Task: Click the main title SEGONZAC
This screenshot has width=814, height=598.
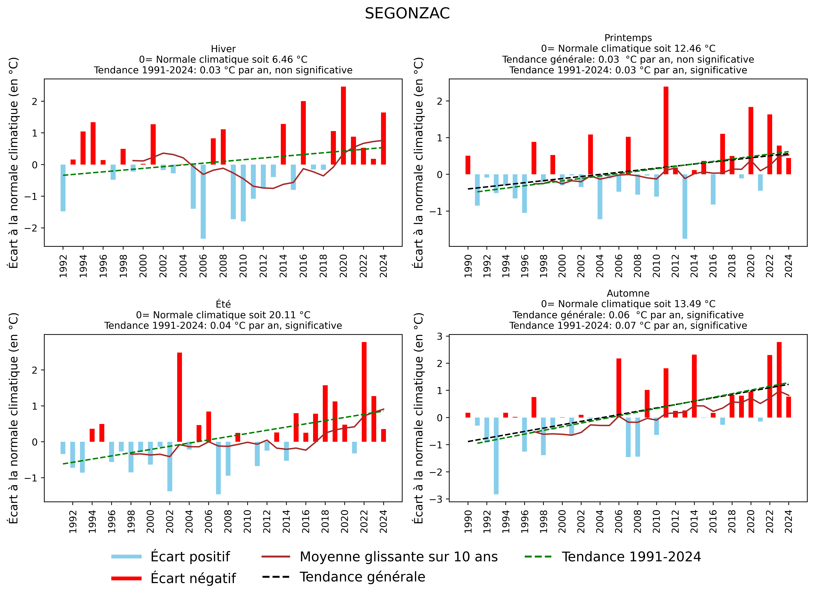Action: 407,14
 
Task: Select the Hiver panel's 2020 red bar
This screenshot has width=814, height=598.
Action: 343,126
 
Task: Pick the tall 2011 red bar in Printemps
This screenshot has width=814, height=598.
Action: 666,130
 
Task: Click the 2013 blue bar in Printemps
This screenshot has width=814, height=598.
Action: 685,206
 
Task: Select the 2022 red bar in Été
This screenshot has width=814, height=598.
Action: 364,392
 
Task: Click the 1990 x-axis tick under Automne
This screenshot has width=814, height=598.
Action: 468,521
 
